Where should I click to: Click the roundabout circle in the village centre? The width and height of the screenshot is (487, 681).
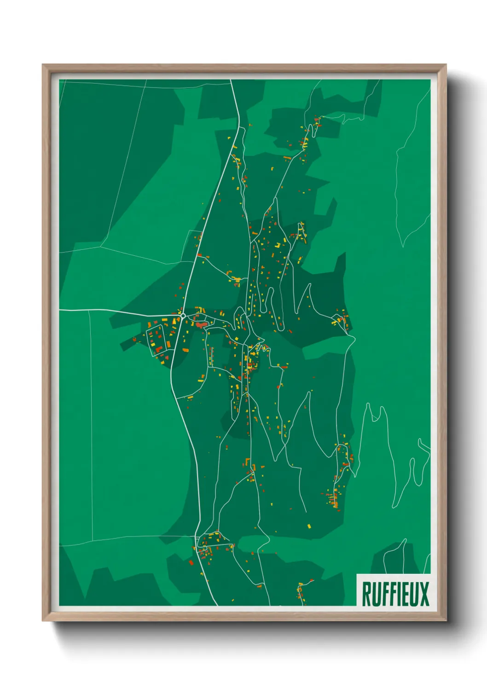(x=183, y=316)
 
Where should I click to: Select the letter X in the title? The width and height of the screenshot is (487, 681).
(x=423, y=594)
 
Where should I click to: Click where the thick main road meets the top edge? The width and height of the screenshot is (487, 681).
(x=232, y=81)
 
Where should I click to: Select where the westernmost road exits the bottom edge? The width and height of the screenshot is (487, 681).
(x=216, y=605)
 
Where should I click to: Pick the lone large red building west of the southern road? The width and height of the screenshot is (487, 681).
(x=191, y=562)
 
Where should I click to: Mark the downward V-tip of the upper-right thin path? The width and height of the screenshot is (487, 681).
(x=403, y=246)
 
